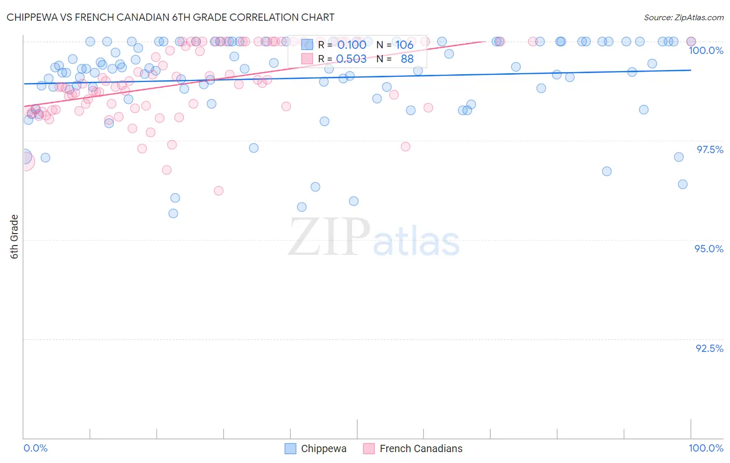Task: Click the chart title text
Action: click(x=170, y=17)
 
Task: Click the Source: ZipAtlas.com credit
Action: click(x=683, y=17)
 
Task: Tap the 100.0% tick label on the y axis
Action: click(x=706, y=50)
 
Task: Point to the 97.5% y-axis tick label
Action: click(x=710, y=149)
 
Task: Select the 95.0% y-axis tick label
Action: click(x=709, y=249)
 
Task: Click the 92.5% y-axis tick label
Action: click(x=709, y=348)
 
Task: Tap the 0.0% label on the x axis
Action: click(x=35, y=448)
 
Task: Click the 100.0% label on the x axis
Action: click(x=706, y=448)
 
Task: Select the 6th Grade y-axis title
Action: click(x=15, y=236)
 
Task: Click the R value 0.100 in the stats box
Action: click(x=352, y=45)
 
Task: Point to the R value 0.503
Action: click(x=351, y=59)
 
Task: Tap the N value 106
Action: click(x=404, y=45)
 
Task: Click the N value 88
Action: click(x=407, y=59)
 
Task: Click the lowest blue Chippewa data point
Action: click(x=173, y=213)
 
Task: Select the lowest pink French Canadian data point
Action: click(x=219, y=190)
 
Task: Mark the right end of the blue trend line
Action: click(x=691, y=70)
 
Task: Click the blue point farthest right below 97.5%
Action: click(x=683, y=184)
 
